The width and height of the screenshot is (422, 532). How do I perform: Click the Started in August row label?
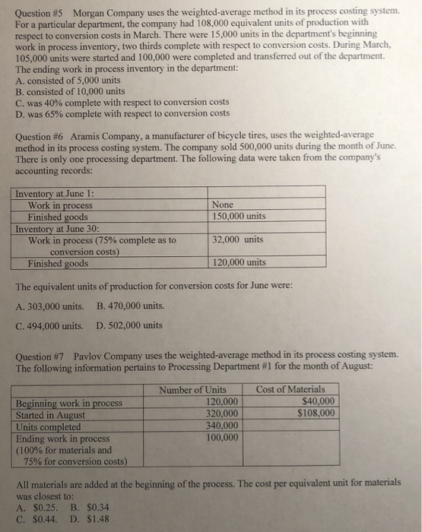pyautogui.click(x=51, y=415)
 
